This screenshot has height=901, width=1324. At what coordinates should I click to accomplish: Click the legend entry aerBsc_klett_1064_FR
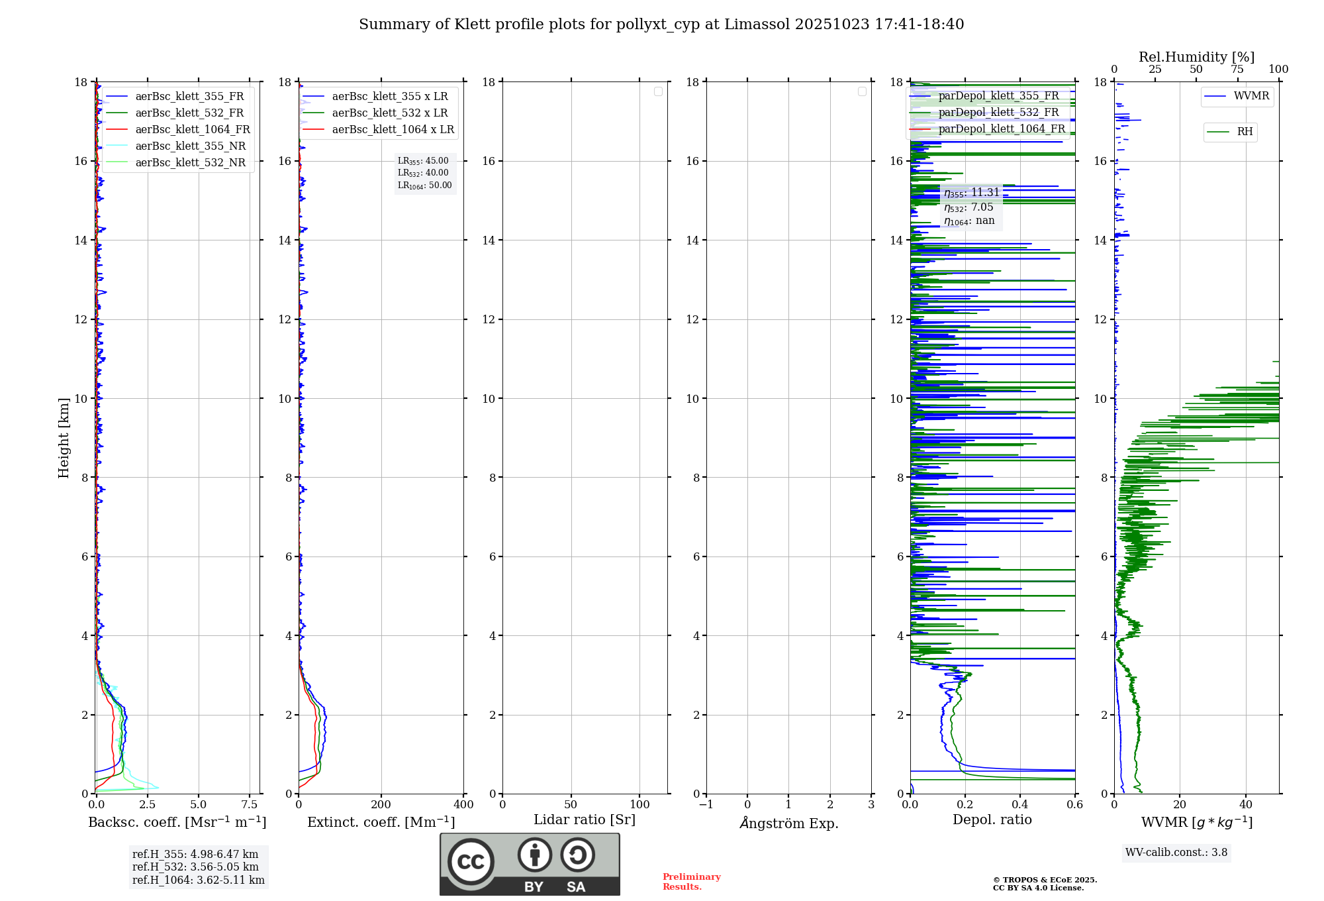pyautogui.click(x=192, y=130)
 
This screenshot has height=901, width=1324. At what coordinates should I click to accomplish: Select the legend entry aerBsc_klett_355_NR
pyautogui.click(x=190, y=146)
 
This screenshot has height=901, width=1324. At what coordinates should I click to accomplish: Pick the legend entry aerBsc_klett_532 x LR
pyautogui.click(x=389, y=113)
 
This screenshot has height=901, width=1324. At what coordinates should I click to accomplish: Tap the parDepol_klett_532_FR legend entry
pyautogui.click(x=998, y=113)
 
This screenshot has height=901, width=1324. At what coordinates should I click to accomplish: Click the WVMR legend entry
pyautogui.click(x=1251, y=97)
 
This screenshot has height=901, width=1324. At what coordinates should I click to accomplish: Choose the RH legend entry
pyautogui.click(x=1245, y=132)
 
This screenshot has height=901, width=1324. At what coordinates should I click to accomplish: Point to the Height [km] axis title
pyautogui.click(x=64, y=438)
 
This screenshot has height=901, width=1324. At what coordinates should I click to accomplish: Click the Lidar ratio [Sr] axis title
pyautogui.click(x=585, y=820)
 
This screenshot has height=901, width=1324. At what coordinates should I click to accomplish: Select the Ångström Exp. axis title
pyautogui.click(x=788, y=823)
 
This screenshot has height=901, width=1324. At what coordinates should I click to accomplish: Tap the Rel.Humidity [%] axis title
pyautogui.click(x=1196, y=57)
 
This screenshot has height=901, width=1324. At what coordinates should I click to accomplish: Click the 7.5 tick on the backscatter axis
pyautogui.click(x=250, y=805)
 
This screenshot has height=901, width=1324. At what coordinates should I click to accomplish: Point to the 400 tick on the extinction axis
pyautogui.click(x=463, y=805)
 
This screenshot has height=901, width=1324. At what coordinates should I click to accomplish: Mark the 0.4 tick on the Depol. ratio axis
pyautogui.click(x=1020, y=805)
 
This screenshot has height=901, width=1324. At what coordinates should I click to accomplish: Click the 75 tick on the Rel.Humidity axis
pyautogui.click(x=1237, y=70)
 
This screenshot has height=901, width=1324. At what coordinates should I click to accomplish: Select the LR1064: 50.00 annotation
pyautogui.click(x=424, y=185)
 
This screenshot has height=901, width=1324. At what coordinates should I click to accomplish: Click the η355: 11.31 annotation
pyautogui.click(x=971, y=193)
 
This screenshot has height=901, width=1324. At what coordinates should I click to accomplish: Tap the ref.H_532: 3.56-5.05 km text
pyautogui.click(x=195, y=867)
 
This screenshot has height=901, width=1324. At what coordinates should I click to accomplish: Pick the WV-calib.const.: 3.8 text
pyautogui.click(x=1176, y=853)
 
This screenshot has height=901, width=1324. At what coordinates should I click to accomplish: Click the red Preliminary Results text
pyautogui.click(x=691, y=882)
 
